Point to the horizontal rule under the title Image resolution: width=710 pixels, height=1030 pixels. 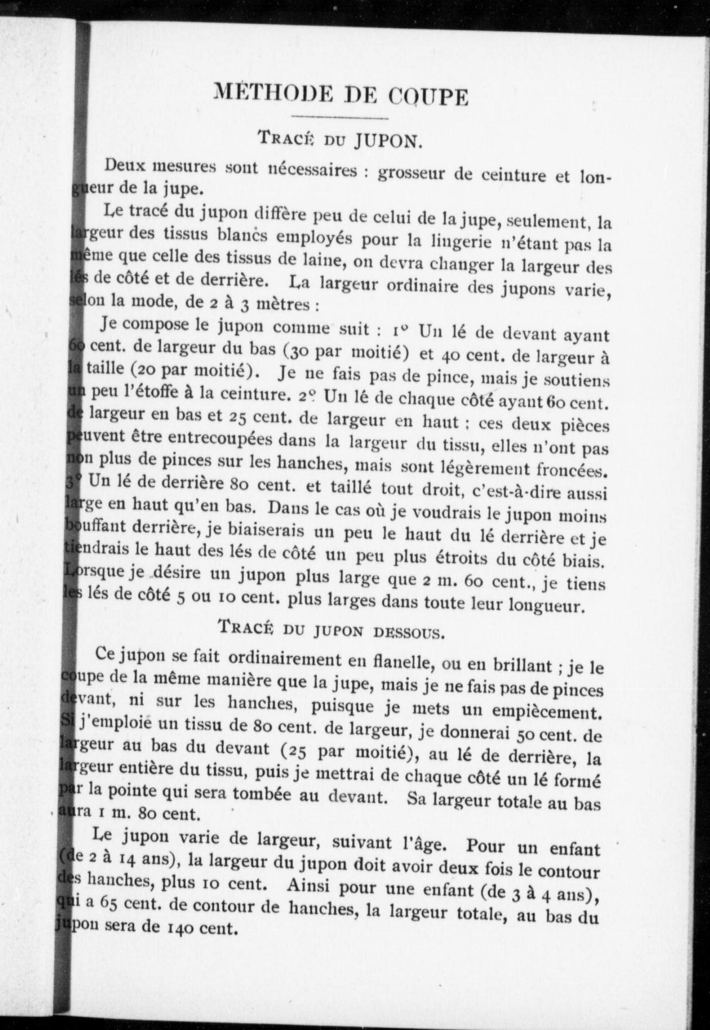pyautogui.click(x=339, y=118)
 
